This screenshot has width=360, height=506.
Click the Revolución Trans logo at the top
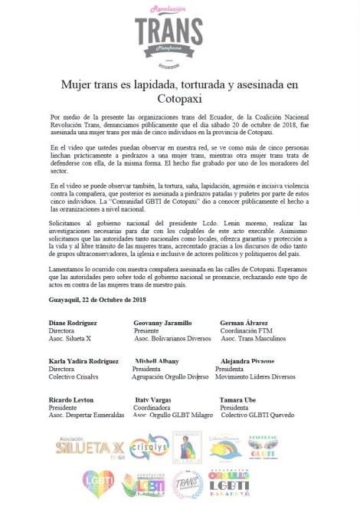(x=180, y=31)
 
